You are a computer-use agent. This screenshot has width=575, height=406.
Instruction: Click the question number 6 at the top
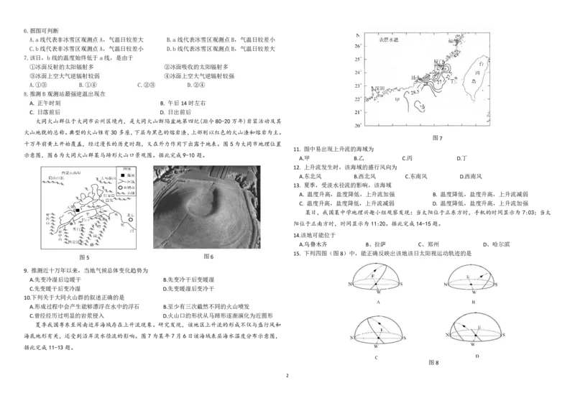pos(25,31)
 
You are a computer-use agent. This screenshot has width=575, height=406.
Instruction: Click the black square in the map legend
pos(123,176)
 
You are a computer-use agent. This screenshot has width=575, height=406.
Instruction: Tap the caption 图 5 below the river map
pos(83,257)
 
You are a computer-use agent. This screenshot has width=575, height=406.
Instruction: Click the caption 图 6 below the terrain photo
pos(208,257)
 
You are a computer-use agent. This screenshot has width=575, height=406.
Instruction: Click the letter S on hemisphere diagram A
pos(411,285)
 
